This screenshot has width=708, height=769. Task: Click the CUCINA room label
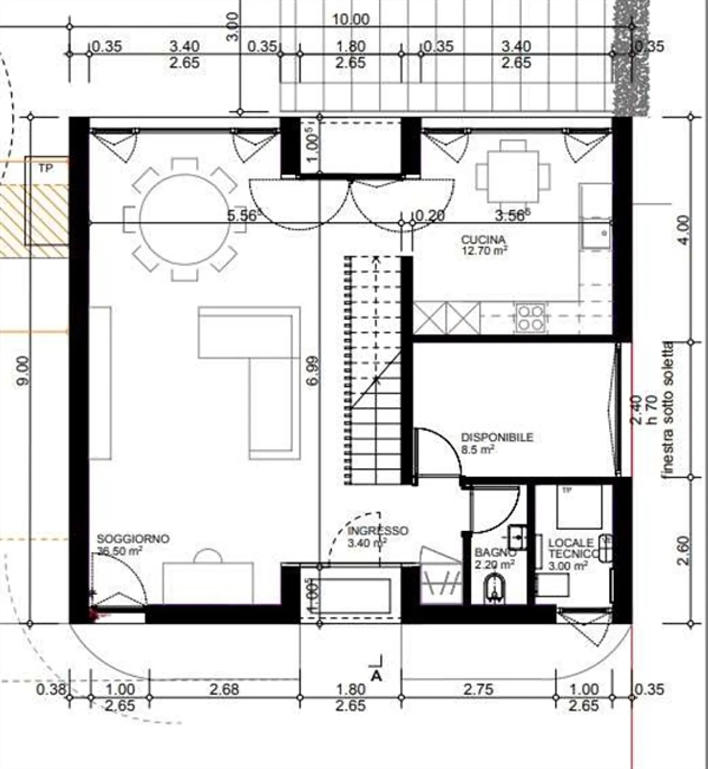click(483, 240)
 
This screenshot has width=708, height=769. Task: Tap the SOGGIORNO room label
click(133, 539)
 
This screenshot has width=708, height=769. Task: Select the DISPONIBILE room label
click(497, 437)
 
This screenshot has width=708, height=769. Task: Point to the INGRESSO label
click(378, 531)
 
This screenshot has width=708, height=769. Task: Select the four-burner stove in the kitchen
click(531, 317)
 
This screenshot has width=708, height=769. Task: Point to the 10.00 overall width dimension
click(351, 20)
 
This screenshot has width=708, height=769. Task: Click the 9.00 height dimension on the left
click(23, 370)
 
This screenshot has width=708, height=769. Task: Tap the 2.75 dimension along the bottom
click(478, 689)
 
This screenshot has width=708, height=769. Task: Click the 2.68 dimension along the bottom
click(224, 689)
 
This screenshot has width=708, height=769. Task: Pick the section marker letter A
click(376, 676)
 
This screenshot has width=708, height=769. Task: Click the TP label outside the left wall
click(45, 169)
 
